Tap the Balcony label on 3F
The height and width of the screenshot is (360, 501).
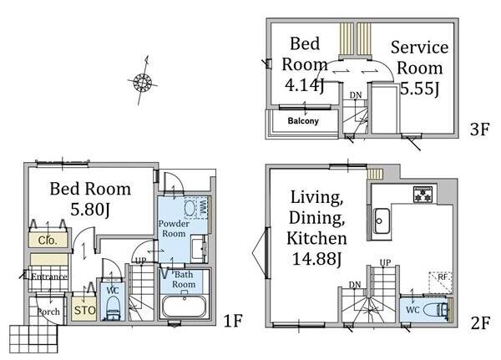(x=303, y=121)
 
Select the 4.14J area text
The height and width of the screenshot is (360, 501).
(x=305, y=86)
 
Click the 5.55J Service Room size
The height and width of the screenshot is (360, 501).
(x=419, y=89)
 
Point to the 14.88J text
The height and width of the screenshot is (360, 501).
(x=317, y=259)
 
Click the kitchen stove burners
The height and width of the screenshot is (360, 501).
(x=423, y=195)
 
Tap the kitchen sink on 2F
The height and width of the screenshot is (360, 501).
(x=382, y=221)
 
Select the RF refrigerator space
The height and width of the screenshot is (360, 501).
(x=441, y=282)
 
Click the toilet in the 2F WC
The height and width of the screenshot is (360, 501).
(x=435, y=310)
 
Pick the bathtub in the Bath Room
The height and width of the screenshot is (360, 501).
(x=184, y=307)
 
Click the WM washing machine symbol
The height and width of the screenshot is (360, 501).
(x=196, y=208)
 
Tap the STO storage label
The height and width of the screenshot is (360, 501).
(x=84, y=310)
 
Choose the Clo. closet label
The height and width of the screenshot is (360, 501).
(x=48, y=241)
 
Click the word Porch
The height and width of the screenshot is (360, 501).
(x=48, y=312)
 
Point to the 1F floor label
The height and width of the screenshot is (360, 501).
(x=233, y=321)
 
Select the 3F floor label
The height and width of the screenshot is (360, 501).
(x=479, y=129)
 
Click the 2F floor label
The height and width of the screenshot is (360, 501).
(x=480, y=323)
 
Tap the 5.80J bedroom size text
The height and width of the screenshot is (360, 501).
(x=90, y=210)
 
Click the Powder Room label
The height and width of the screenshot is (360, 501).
(x=174, y=229)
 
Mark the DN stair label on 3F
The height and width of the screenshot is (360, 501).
(x=356, y=95)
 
